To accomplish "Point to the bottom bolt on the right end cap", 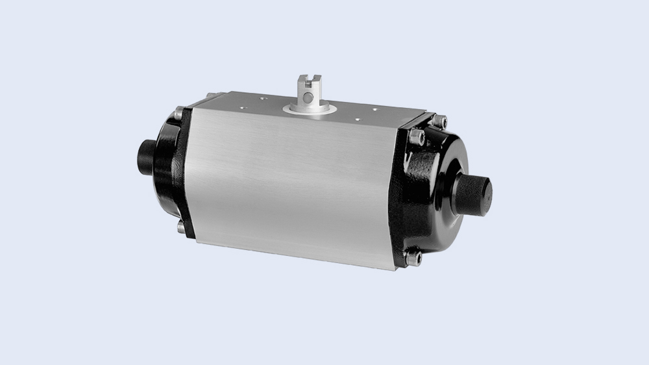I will (413, 257).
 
